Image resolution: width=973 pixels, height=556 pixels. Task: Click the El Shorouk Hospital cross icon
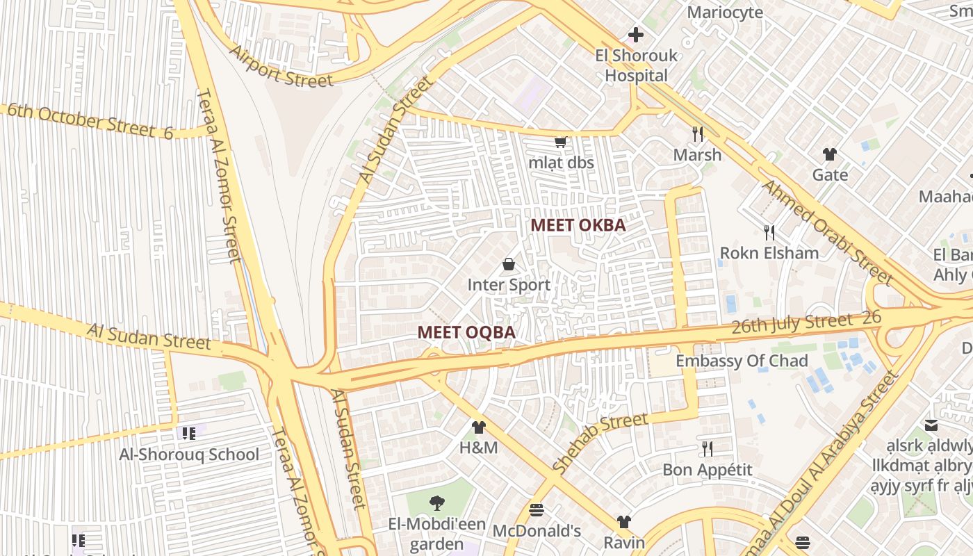click(635, 34)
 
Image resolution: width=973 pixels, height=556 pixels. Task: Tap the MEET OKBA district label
click(578, 225)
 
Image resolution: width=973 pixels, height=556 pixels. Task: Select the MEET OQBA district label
click(466, 332)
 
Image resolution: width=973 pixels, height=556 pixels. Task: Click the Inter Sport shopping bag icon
click(509, 264)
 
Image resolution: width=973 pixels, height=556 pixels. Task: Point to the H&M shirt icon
click(478, 427)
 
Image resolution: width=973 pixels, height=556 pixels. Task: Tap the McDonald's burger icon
click(536, 510)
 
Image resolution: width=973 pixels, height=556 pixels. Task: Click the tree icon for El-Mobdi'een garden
click(436, 502)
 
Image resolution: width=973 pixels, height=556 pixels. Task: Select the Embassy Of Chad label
click(742, 361)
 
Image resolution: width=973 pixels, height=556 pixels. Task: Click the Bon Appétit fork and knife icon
click(707, 449)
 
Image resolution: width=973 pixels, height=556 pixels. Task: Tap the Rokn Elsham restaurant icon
click(769, 232)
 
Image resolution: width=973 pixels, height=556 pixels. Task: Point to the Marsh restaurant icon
click(698, 133)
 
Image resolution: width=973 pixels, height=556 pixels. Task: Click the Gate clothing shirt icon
click(829, 154)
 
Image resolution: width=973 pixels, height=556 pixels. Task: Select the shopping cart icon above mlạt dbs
click(560, 142)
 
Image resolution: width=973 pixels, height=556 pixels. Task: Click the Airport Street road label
click(281, 67)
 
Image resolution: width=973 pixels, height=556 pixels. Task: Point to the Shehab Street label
click(600, 442)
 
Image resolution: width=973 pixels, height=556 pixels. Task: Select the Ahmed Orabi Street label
click(826, 232)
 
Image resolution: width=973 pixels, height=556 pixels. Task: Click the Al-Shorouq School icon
click(188, 434)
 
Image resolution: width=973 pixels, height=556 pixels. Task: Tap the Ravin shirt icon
click(623, 522)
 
